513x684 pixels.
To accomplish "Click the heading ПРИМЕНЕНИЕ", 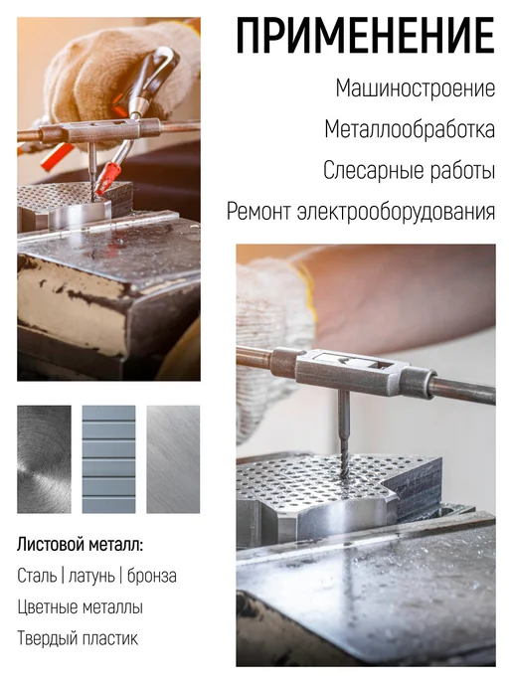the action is tap(366, 36).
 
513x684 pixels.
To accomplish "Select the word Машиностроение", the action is tap(416, 88).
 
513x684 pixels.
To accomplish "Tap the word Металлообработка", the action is tap(410, 130).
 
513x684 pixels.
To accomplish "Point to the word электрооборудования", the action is tap(396, 212).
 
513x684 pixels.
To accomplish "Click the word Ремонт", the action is tap(258, 212).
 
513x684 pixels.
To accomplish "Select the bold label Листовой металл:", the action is tap(81, 545).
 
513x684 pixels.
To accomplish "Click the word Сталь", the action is tap(37, 576).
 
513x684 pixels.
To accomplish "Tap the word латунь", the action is tap(92, 577).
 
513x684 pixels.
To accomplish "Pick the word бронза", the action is tap(152, 577).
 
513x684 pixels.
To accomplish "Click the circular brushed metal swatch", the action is tap(44, 459).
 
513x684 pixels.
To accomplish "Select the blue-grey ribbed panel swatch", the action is tap(108, 459).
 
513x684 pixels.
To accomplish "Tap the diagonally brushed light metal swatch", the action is tap(173, 459).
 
